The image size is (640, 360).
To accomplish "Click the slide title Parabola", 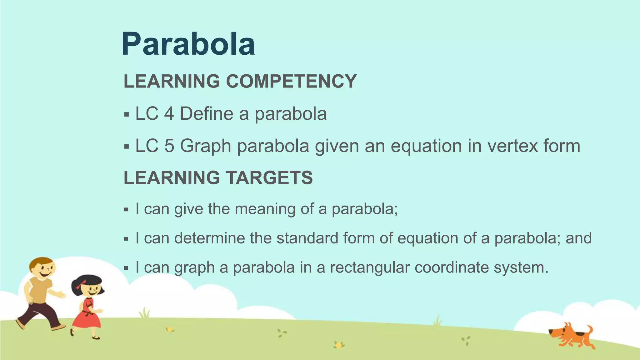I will click(x=188, y=44).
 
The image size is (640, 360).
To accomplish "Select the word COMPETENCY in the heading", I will click(x=291, y=81).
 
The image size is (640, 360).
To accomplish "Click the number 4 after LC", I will click(x=169, y=113).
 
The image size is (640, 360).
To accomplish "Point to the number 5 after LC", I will click(x=169, y=146).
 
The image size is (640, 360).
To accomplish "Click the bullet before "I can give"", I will click(x=126, y=209).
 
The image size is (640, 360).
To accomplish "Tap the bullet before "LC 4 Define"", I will click(x=126, y=114).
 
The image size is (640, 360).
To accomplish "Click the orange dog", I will click(x=572, y=336).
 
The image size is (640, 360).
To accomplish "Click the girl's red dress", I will click(x=87, y=316).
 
